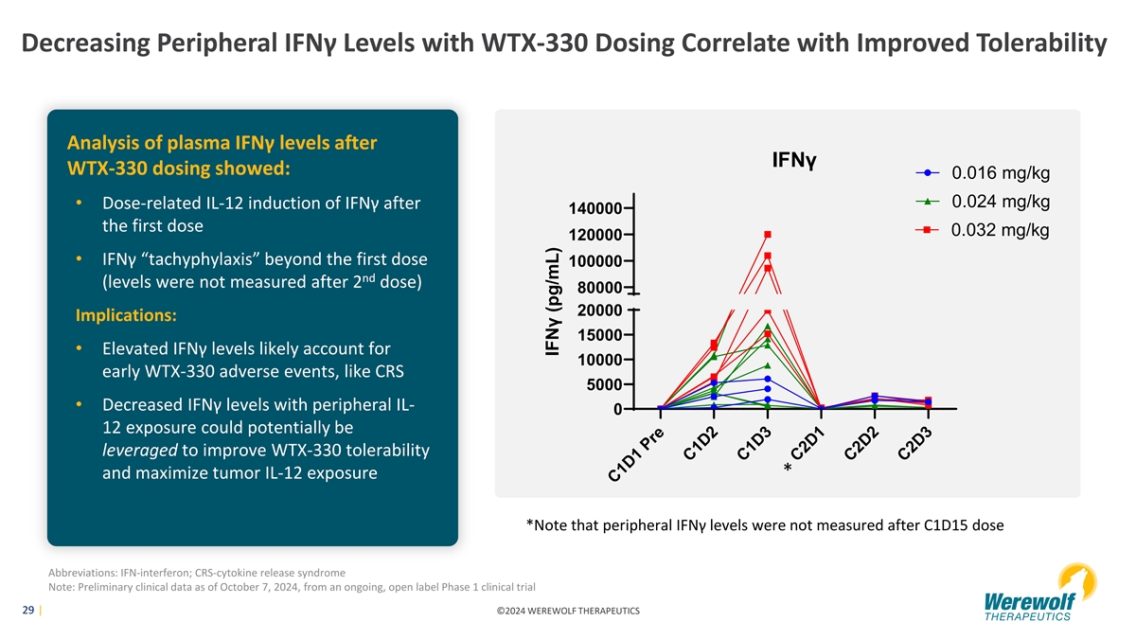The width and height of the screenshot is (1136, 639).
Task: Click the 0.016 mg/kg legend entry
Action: point(1000,173)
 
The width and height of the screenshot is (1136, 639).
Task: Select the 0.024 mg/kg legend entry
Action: point(1000,202)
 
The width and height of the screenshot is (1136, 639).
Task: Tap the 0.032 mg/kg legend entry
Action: point(1000,230)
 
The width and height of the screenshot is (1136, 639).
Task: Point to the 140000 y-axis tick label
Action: point(595,208)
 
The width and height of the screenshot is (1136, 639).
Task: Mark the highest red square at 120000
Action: point(768,234)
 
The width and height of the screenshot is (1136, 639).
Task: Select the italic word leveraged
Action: point(139,450)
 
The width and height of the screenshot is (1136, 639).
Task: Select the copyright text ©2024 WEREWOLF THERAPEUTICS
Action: point(568,612)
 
